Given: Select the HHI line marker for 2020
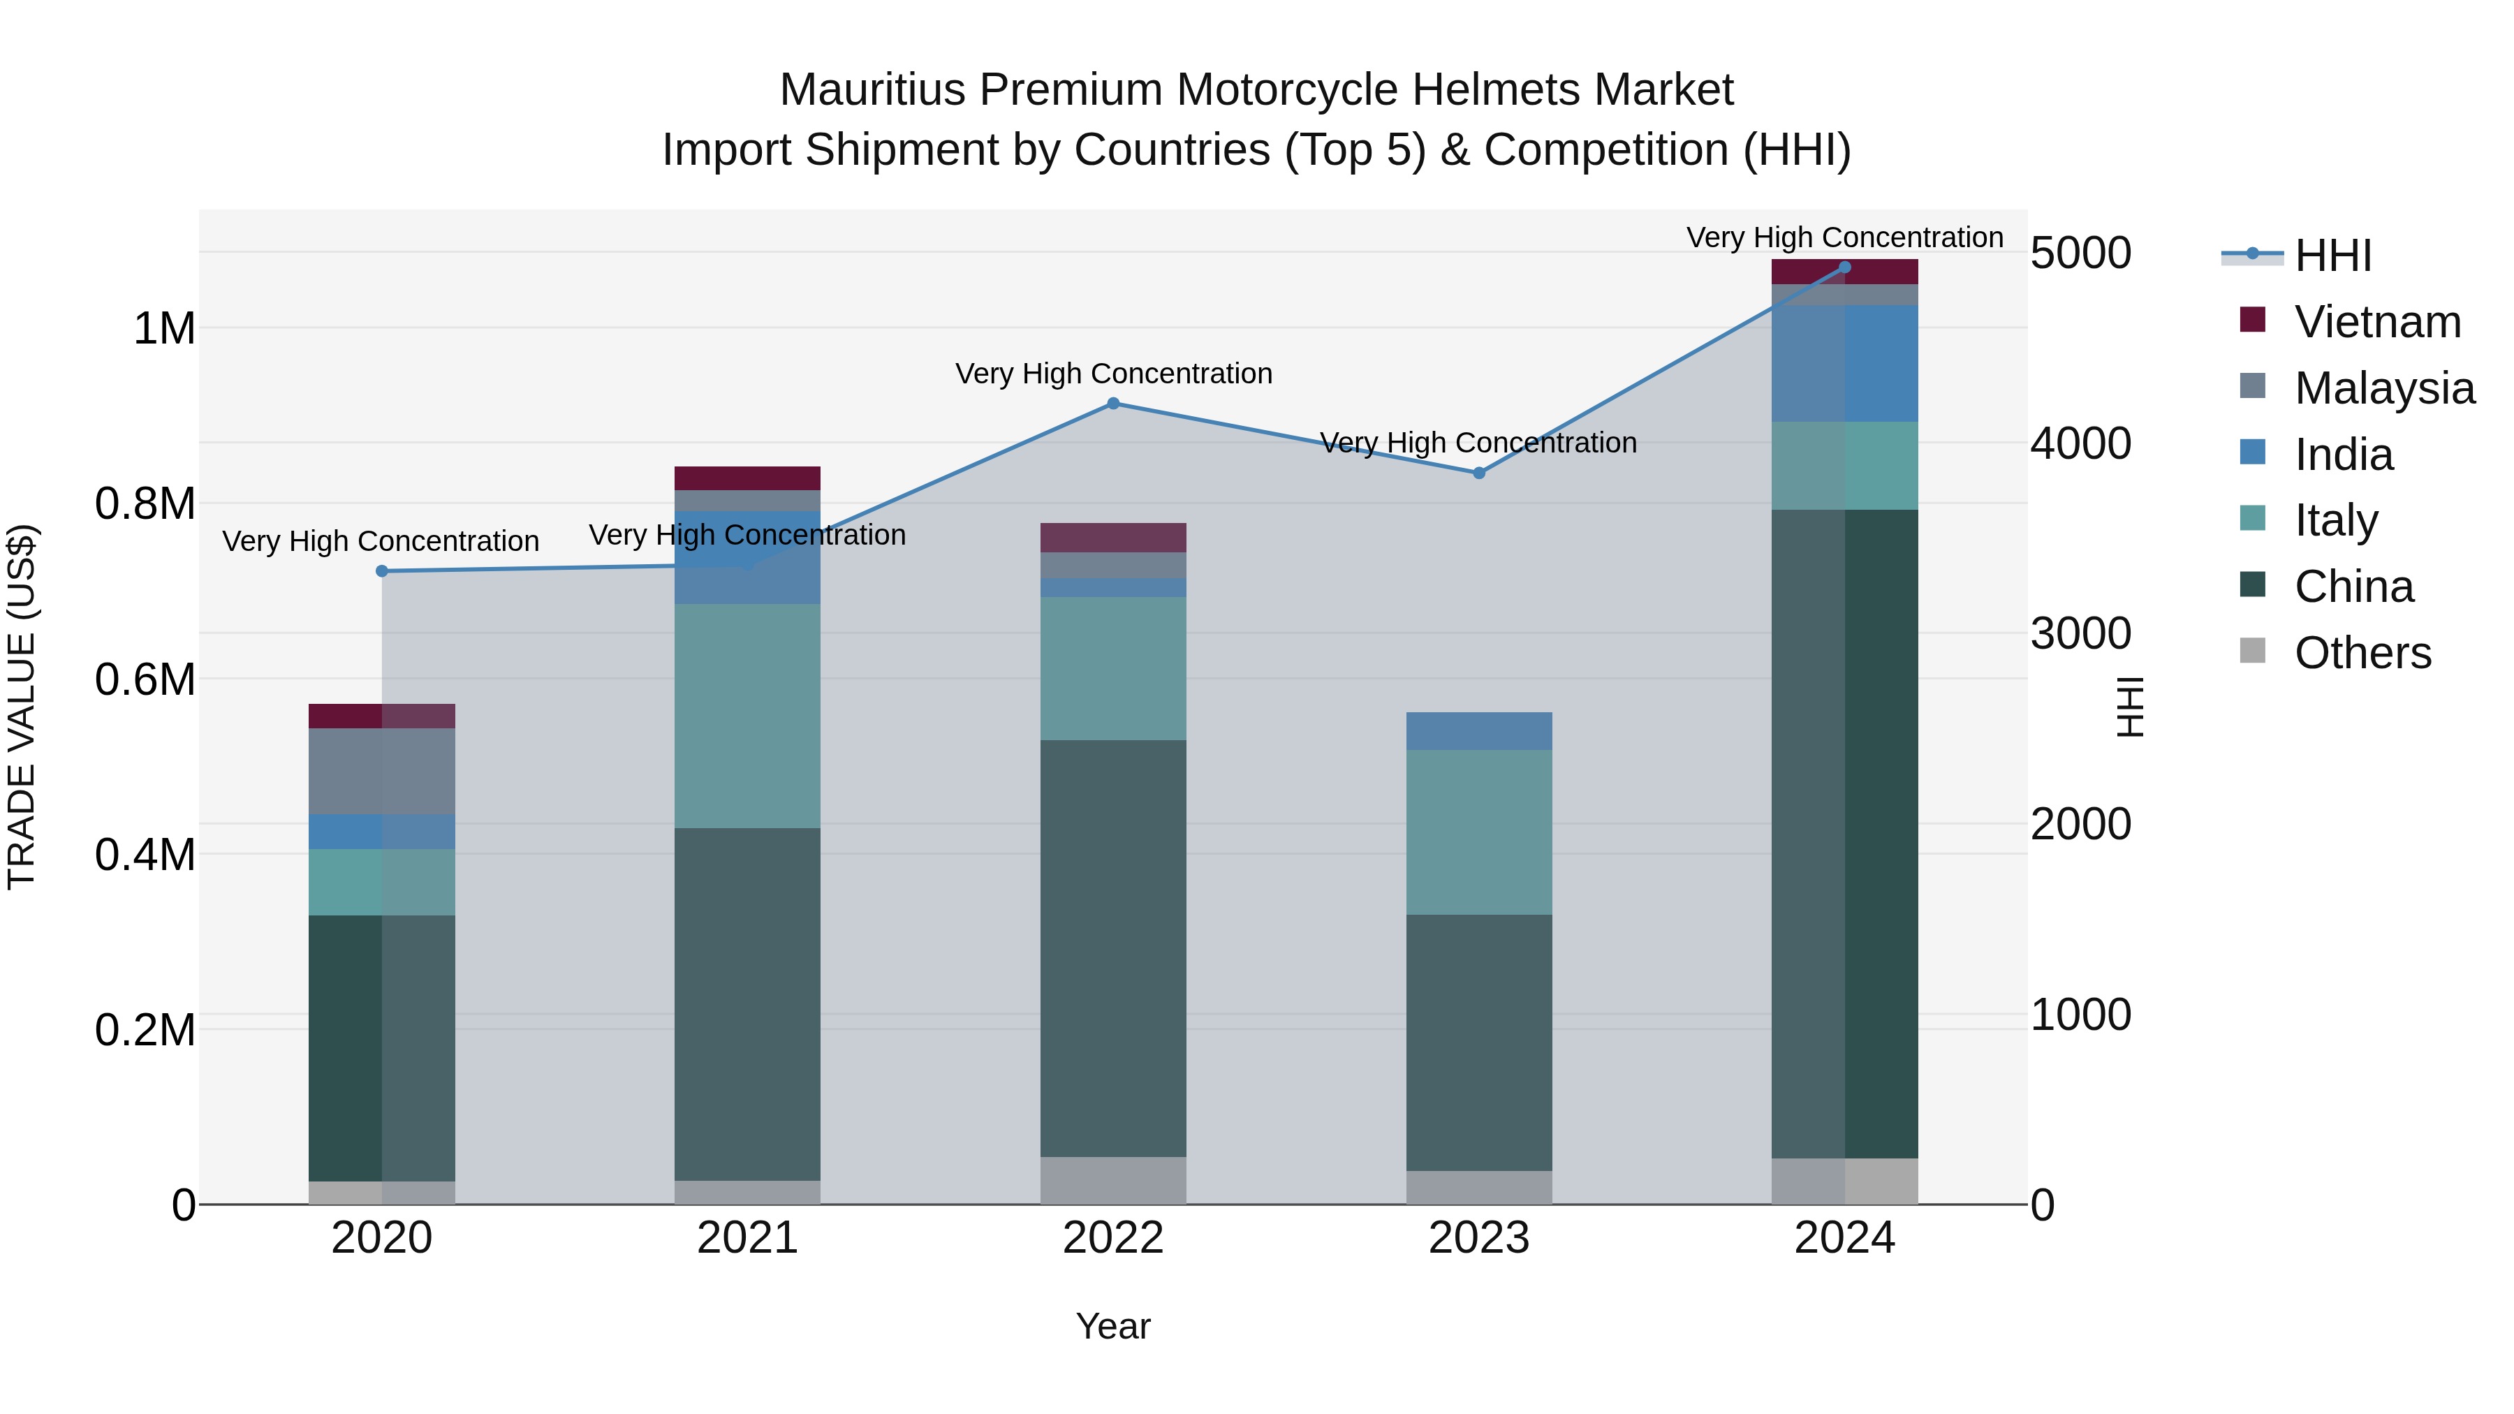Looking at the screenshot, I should click(381, 571).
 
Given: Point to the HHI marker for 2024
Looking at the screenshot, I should click(1844, 267).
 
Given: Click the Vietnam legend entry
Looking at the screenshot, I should click(2377, 322).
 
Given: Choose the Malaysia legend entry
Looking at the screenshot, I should click(2384, 388).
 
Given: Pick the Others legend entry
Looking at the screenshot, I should click(2362, 653).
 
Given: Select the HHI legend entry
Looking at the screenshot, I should click(2332, 256).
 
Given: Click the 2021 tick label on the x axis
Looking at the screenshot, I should click(747, 1238).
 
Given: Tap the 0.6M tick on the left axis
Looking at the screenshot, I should click(145, 679).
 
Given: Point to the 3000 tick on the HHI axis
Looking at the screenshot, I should click(2081, 634).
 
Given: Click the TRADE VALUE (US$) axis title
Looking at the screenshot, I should click(22, 707).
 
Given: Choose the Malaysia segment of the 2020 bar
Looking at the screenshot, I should click(381, 771).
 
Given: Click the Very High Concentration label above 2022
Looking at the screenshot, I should click(1114, 374).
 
